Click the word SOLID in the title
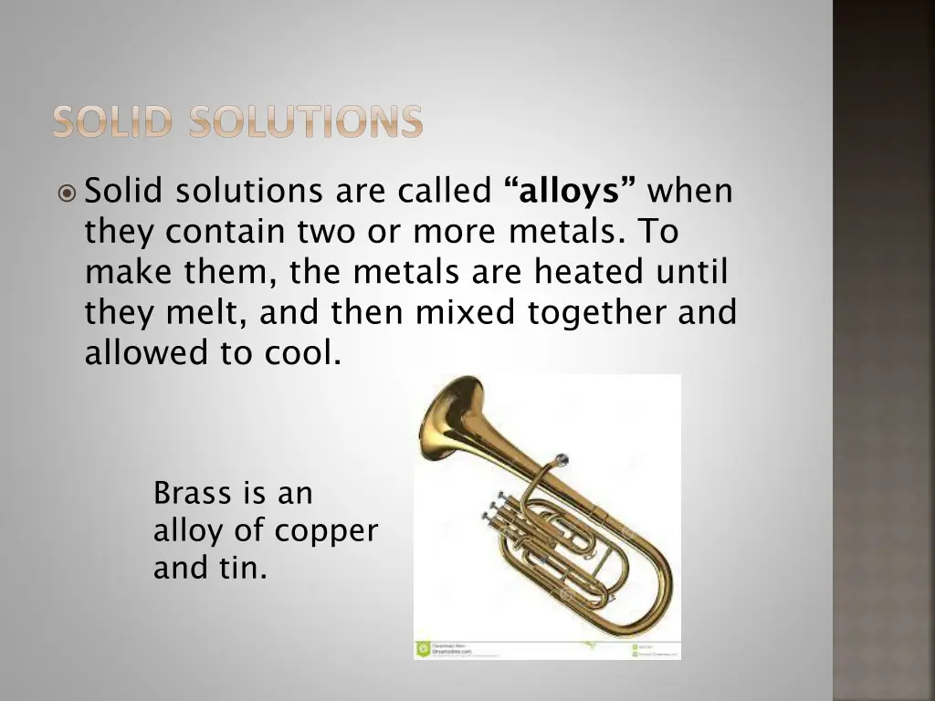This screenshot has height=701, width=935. pyautogui.click(x=110, y=122)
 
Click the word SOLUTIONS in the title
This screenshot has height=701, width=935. pyautogui.click(x=306, y=122)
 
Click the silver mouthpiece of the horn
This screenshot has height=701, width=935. pyautogui.click(x=561, y=458)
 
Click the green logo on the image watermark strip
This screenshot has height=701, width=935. pyautogui.click(x=423, y=650)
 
